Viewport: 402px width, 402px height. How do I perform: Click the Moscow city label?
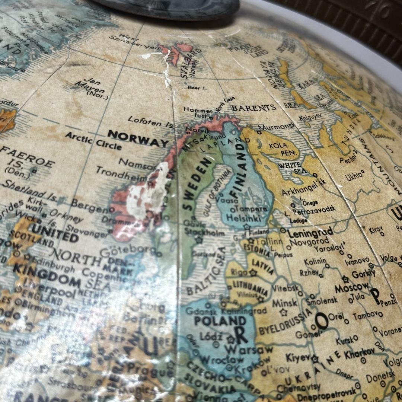coord(351,288)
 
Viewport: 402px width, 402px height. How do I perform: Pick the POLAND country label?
coord(220,321)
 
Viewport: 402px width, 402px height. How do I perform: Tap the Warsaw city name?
coord(249,350)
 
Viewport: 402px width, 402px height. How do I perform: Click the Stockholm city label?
coord(204,233)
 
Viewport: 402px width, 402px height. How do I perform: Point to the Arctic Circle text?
coord(93,140)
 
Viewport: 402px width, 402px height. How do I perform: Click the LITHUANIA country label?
coord(251,287)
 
